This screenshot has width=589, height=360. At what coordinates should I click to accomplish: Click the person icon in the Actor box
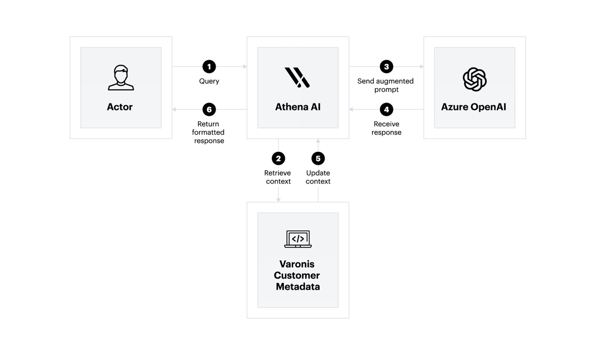pos(120,78)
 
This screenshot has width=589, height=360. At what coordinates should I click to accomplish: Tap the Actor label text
pos(120,107)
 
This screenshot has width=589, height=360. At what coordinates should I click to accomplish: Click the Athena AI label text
pos(298,107)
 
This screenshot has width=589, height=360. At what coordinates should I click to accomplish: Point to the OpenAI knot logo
pos(474,79)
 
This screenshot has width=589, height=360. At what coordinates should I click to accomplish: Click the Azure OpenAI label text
pos(474,107)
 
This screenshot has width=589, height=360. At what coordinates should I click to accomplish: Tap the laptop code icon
pos(298,239)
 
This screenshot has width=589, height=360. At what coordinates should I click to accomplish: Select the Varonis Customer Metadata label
pos(298,275)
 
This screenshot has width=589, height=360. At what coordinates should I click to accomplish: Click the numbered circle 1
pos(209,67)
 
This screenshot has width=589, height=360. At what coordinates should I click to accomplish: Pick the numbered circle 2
pos(278,158)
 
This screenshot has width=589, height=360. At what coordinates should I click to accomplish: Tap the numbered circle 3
pos(386,67)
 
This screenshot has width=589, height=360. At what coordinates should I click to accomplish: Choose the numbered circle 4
pos(386,110)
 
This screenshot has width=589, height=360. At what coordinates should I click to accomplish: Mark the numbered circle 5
pos(318,158)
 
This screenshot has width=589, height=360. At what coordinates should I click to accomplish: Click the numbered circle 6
pos(209,110)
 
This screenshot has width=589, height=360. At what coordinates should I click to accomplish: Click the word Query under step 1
pos(209,82)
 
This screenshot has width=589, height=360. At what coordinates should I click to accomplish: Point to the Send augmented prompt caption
pos(386,85)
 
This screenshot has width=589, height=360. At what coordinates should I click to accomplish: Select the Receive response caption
pos(387,128)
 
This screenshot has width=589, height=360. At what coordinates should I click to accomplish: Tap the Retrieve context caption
pos(278,177)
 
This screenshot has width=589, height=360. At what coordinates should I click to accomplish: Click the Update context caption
pos(318,177)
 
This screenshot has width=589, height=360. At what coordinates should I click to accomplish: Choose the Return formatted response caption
pos(208,132)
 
